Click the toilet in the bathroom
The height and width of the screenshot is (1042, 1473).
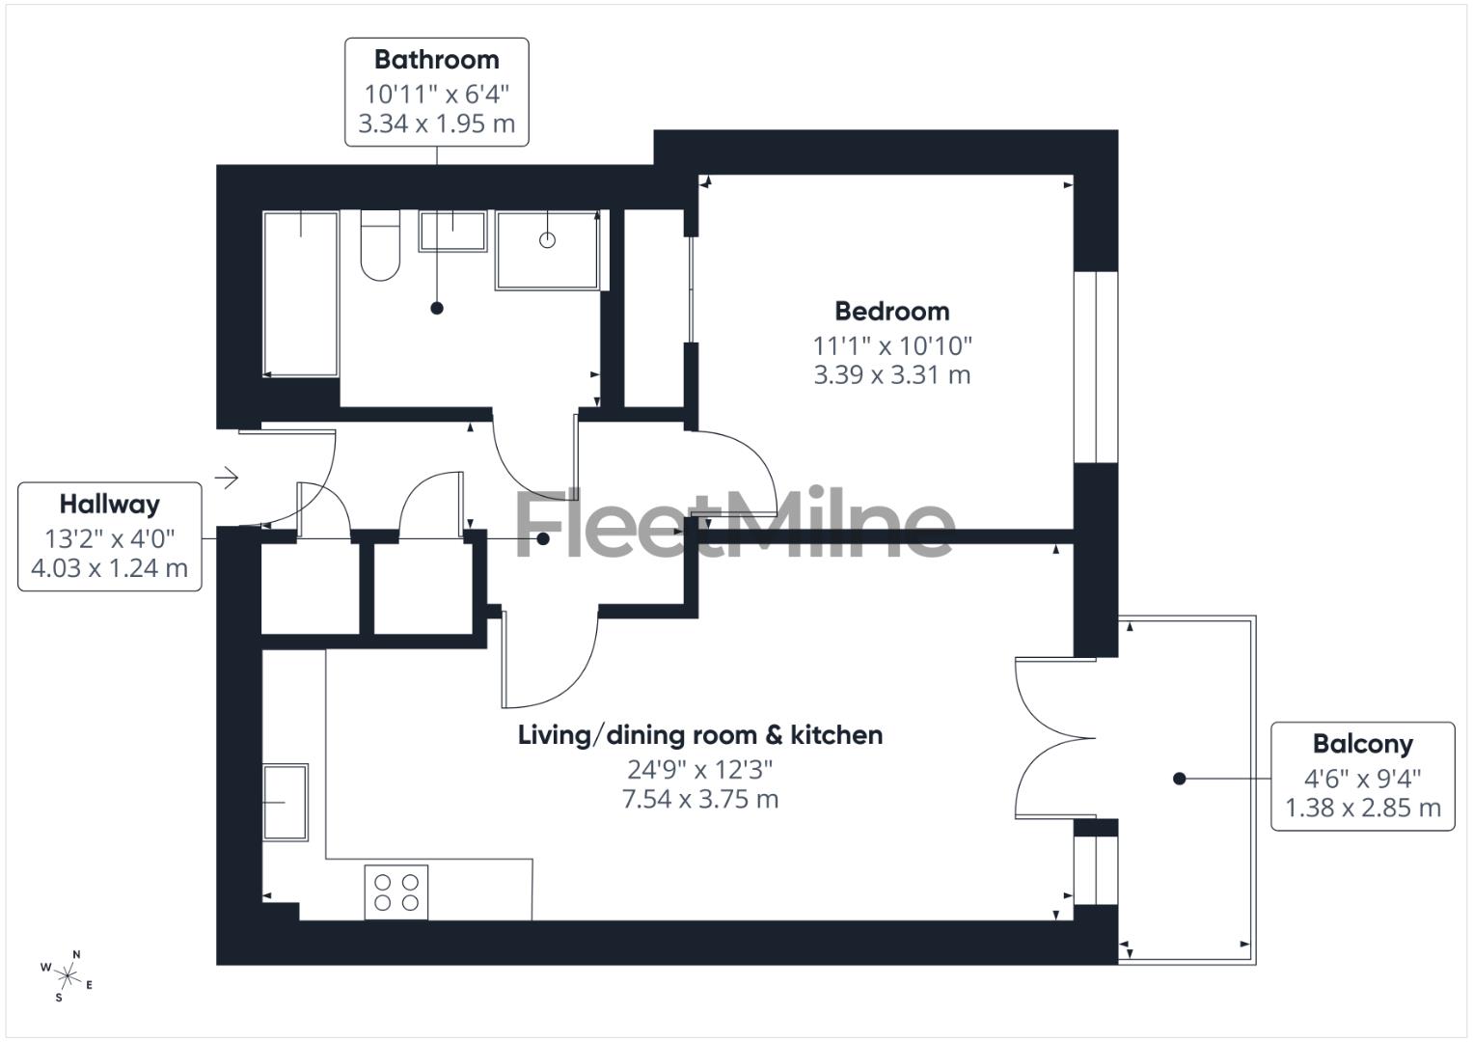coord(380,247)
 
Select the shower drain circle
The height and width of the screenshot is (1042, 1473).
coord(547,240)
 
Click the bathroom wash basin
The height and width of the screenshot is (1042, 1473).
coord(451,232)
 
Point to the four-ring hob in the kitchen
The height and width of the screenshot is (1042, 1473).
coord(396,892)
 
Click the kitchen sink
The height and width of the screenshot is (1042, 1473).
coord(286,801)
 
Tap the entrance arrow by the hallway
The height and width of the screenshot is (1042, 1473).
coord(227,477)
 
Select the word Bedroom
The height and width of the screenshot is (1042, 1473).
coord(892,312)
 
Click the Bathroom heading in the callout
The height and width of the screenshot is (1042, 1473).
coord(436,60)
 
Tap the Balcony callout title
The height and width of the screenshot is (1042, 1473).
coord(1362,744)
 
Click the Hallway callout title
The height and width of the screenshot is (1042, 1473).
coord(109,505)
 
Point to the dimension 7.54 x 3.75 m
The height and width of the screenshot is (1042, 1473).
coord(700,800)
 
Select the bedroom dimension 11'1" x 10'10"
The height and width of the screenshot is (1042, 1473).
coord(892,344)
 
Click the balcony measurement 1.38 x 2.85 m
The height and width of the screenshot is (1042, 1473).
coord(1362,809)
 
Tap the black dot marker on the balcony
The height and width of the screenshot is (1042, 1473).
coord(1179,779)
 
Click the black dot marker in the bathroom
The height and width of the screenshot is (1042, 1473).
coord(437,309)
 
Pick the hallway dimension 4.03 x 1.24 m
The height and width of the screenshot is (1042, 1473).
coord(109,568)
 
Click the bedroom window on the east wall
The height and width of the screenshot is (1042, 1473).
coord(1096,368)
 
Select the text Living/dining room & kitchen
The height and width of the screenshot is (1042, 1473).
coord(700,735)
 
